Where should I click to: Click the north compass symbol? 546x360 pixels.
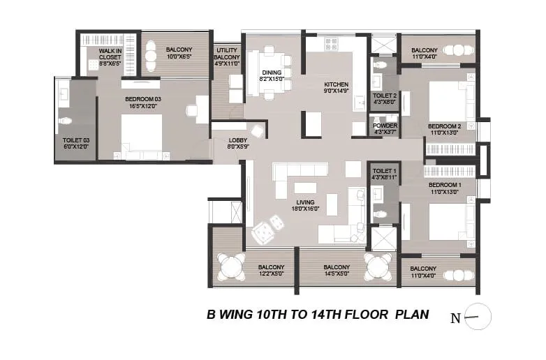[478, 317]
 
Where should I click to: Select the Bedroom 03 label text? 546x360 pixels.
[143, 100]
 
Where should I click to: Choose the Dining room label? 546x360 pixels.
[272, 72]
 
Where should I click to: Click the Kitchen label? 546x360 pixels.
[336, 84]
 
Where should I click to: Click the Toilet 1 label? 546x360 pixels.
[385, 171]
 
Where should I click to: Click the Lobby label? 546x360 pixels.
[238, 140]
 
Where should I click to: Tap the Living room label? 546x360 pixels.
[304, 203]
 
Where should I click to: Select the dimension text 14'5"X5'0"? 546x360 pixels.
[337, 274]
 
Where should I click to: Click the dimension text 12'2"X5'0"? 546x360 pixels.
[271, 274]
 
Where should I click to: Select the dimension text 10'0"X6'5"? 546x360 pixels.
[179, 57]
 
